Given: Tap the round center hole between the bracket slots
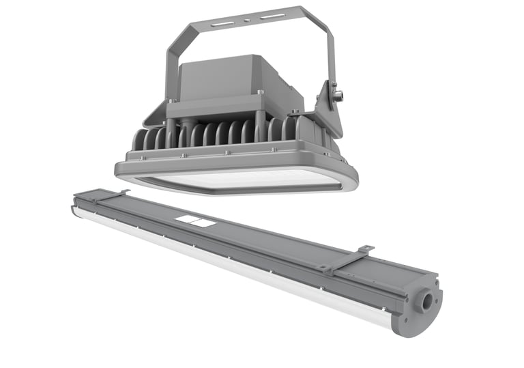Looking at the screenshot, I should [248, 19].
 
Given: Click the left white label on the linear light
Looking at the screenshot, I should [184, 220].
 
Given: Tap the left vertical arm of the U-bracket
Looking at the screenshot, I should [171, 68].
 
